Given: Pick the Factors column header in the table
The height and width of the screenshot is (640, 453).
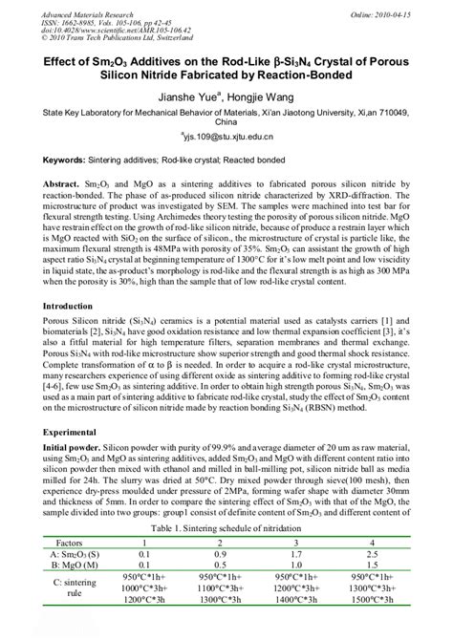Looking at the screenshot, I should [79, 541].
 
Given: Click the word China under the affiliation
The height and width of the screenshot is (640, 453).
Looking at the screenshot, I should [226, 123].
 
